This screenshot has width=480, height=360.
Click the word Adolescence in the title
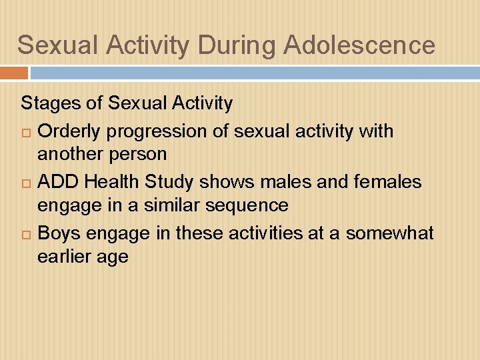[359, 45]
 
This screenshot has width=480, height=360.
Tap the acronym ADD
[59, 181]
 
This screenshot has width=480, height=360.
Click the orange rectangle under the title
[14, 73]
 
